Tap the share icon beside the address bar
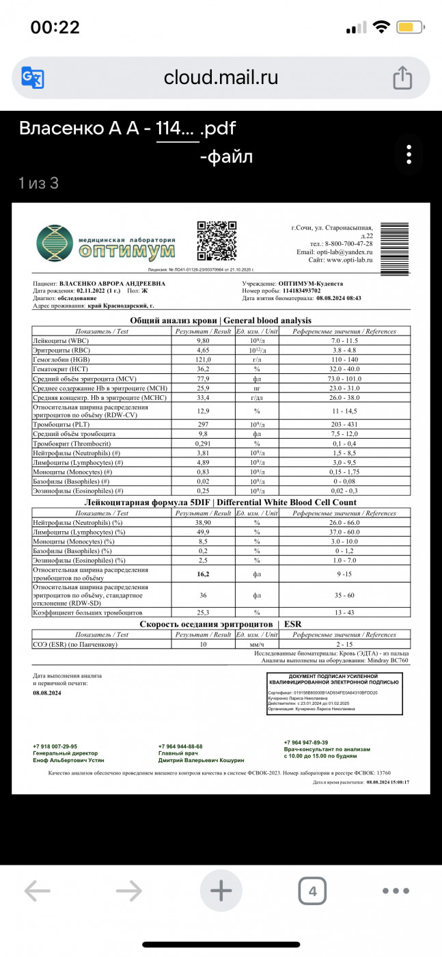pos(402,77)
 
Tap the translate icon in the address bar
pos(33,77)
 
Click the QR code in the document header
pos(217,241)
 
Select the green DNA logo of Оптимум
pos(53,243)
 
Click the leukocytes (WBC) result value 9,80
pos(204,340)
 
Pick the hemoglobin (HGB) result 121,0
pos(204,360)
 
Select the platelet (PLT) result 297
pos(204,424)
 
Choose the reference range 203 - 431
pos(344,424)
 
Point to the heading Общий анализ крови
pos(174,320)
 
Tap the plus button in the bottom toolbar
pos(221,891)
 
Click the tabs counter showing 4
pos(312,891)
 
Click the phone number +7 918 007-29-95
pos(55,746)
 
